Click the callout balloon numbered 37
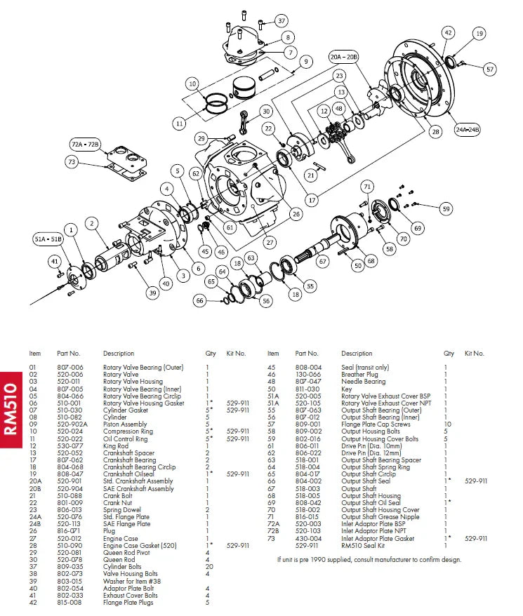pyautogui.click(x=281, y=20)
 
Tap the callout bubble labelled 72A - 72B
pyautogui.click(x=86, y=144)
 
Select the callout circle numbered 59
pyautogui.click(x=445, y=208)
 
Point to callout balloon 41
pyautogui.click(x=54, y=262)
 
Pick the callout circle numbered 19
pyautogui.click(x=479, y=33)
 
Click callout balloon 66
pyautogui.click(x=200, y=300)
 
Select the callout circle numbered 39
pyautogui.click(x=152, y=293)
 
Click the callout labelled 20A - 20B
pyautogui.click(x=344, y=57)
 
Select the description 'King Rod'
pyautogui.click(x=115, y=446)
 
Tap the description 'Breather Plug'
pyautogui.click(x=359, y=374)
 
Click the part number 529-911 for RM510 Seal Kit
pyautogui.click(x=307, y=545)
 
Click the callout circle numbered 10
pyautogui.click(x=192, y=84)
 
